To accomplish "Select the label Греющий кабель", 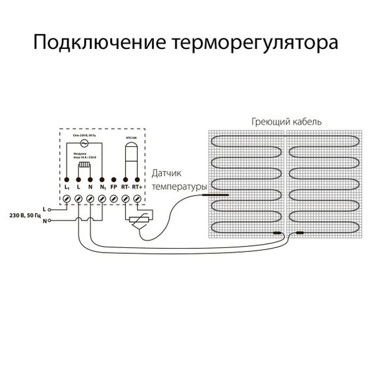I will point(286,122).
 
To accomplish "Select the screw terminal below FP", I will point(114,198).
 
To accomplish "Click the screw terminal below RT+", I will point(136,198).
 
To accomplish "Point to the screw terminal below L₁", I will point(67,198).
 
